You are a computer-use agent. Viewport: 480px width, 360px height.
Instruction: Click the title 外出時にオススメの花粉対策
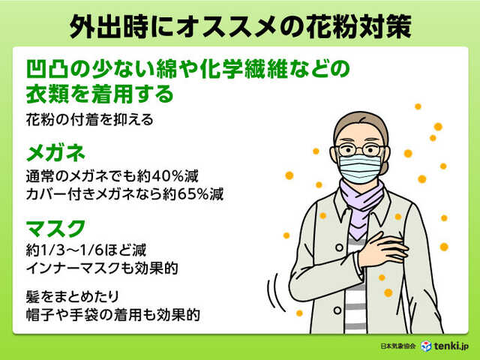(239, 25)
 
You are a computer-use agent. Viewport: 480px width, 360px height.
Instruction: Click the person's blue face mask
(360, 169)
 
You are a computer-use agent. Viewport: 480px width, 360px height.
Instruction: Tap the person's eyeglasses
(360, 151)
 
